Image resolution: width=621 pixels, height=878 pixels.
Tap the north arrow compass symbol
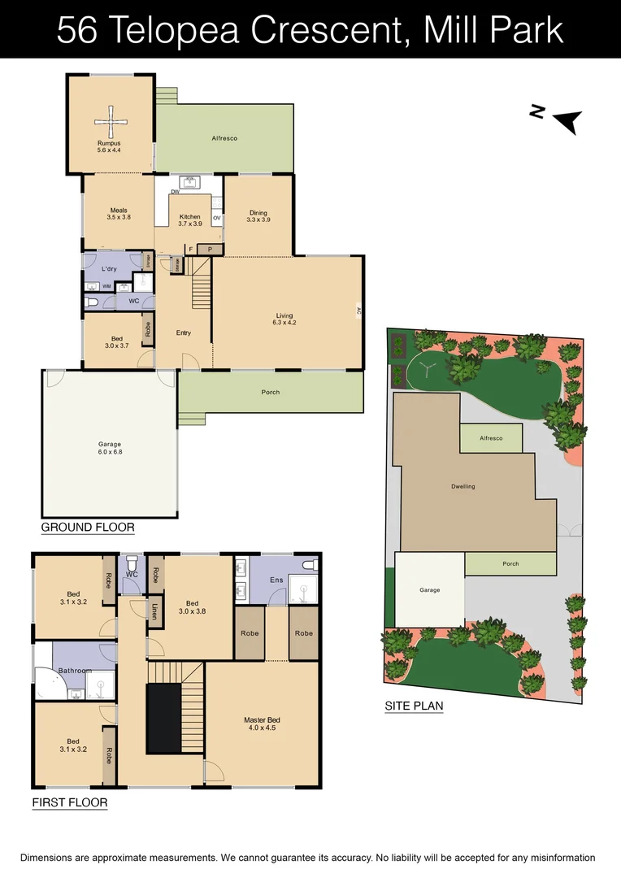pyautogui.click(x=566, y=121)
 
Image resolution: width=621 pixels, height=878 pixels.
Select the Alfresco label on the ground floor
pyautogui.click(x=224, y=139)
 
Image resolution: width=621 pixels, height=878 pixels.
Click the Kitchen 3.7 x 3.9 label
pyautogui.click(x=189, y=220)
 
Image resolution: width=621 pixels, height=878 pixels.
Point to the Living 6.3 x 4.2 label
pyautogui.click(x=284, y=319)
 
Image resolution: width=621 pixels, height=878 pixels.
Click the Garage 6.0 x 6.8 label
pyautogui.click(x=110, y=448)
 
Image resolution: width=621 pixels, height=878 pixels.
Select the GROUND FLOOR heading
pyautogui.click(x=88, y=528)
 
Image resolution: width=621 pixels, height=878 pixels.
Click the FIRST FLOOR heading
pyautogui.click(x=70, y=803)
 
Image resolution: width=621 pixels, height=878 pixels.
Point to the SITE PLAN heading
pyautogui.click(x=415, y=706)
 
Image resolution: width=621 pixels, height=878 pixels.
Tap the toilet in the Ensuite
pyautogui.click(x=308, y=564)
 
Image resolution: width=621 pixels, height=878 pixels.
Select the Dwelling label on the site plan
pyautogui.click(x=462, y=486)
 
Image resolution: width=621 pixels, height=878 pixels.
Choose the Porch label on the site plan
pyautogui.click(x=510, y=564)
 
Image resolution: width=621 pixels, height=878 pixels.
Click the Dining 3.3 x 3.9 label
pyautogui.click(x=258, y=216)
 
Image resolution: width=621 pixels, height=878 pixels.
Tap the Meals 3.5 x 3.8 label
pyautogui.click(x=117, y=214)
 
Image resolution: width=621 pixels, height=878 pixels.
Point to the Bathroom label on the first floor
pyautogui.click(x=74, y=671)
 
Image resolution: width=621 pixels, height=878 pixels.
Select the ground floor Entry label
pyautogui.click(x=184, y=333)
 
